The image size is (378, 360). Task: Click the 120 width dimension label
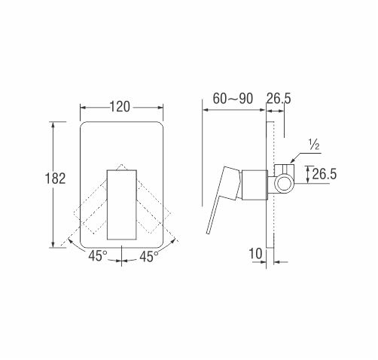(x=120, y=107)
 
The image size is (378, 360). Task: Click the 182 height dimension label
(x=55, y=178)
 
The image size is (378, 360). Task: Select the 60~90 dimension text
(x=233, y=99)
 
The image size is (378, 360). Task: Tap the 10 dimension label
(x=255, y=254)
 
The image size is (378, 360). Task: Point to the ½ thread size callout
(x=314, y=145)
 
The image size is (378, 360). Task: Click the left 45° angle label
(x=98, y=256)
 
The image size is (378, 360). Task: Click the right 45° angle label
(x=149, y=257)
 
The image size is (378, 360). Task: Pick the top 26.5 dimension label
(x=279, y=99)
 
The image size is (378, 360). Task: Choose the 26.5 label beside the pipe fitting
(x=324, y=174)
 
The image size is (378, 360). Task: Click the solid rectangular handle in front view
(x=122, y=205)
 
